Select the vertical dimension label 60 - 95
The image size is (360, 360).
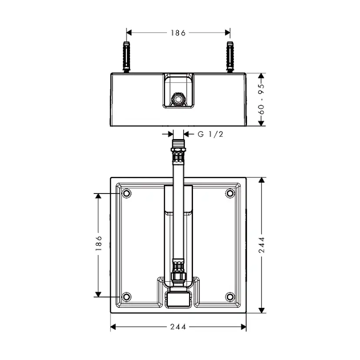pos(261,99)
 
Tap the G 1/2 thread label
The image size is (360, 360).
pos(210,134)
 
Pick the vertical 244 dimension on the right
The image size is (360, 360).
pos(261,245)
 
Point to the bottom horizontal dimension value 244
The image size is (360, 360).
pos(178,327)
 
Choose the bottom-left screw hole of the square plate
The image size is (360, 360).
pos(127,297)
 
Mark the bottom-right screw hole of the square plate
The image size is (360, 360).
pos(230,297)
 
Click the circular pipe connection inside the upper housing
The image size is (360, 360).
pos(178,99)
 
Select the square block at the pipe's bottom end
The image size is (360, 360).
pos(178,298)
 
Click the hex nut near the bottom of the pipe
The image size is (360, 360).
pos(178,277)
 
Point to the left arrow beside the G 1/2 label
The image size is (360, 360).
pos(170,134)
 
